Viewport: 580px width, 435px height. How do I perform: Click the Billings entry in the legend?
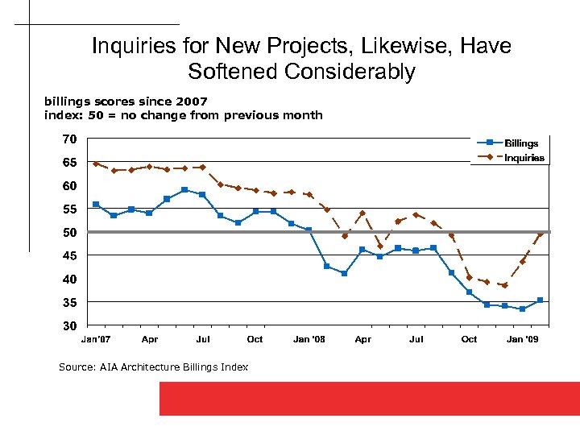click(520, 143)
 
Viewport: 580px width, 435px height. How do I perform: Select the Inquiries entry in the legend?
click(524, 158)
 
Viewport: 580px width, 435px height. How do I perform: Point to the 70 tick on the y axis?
click(70, 139)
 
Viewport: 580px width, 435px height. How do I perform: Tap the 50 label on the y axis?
click(70, 233)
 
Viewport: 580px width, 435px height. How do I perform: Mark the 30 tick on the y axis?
click(70, 326)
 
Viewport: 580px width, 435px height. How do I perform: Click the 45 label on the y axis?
click(70, 255)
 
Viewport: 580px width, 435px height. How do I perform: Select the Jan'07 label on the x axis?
click(95, 339)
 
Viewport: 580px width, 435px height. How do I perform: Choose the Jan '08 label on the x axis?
click(309, 339)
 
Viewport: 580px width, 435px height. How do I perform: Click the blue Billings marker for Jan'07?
click(96, 205)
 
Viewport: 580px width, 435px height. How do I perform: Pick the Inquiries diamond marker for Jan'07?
click(96, 164)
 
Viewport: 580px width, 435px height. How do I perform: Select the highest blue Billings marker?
click(184, 190)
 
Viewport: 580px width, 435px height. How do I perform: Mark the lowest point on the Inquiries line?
click(504, 285)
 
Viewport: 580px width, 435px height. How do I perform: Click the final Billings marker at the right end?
click(540, 300)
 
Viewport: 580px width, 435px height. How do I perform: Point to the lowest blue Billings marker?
click(522, 309)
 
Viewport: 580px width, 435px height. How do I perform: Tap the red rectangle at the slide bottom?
click(369, 398)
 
